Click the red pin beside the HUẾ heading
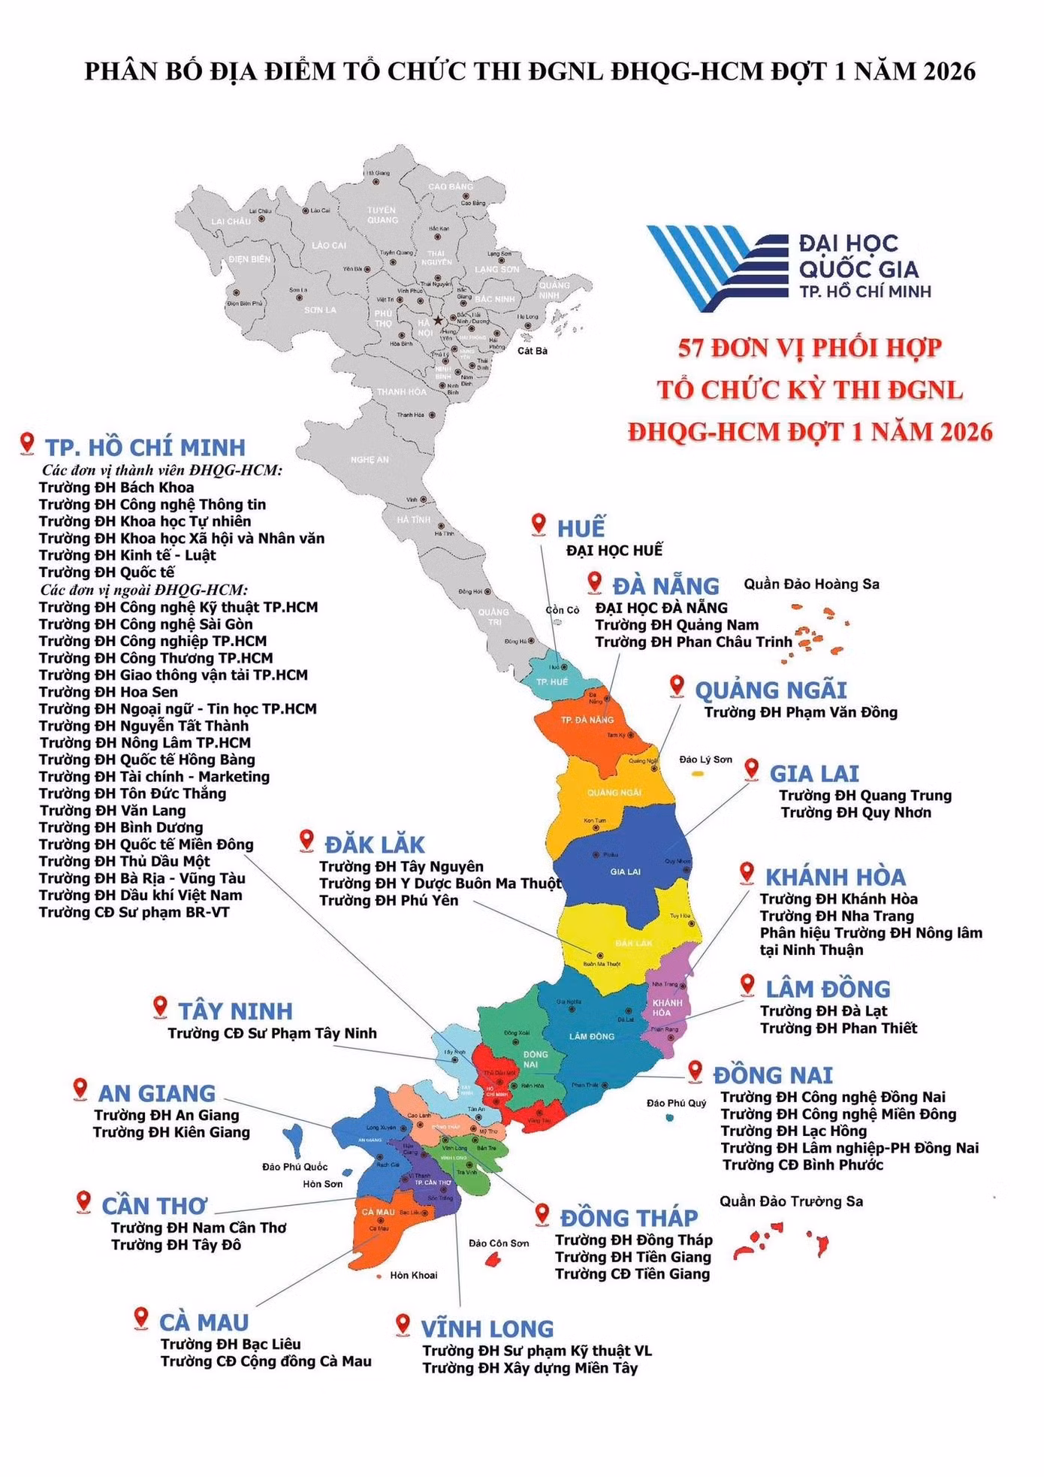tap(539, 524)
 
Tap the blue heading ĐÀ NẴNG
tap(665, 586)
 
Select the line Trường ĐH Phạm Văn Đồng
tap(801, 712)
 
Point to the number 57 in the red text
tap(692, 348)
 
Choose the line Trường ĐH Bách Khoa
tap(116, 488)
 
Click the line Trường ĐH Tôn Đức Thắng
tap(132, 793)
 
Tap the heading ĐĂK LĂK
tap(375, 844)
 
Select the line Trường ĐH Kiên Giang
tap(171, 1132)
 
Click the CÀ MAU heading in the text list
tap(204, 1322)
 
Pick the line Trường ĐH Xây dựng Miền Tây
tap(530, 1368)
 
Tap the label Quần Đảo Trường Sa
tap(791, 1201)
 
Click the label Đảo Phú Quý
tap(676, 1103)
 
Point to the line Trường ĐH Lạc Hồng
tap(793, 1131)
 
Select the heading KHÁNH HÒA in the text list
tap(835, 877)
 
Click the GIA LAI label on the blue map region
tap(625, 871)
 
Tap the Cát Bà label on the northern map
tap(533, 351)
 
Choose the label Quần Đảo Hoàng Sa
tap(811, 584)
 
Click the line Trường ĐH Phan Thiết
tap(838, 1028)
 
